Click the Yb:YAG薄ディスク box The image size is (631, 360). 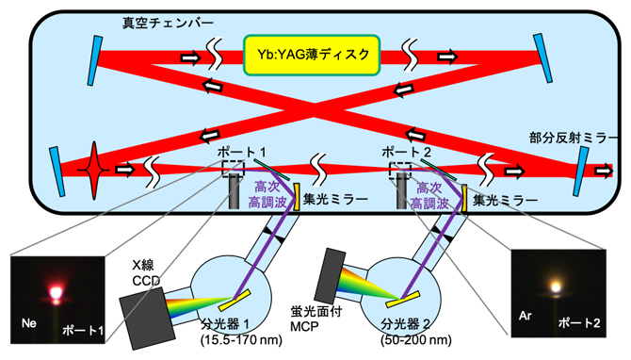click(x=312, y=54)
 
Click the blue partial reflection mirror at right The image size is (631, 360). click(x=583, y=171)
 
